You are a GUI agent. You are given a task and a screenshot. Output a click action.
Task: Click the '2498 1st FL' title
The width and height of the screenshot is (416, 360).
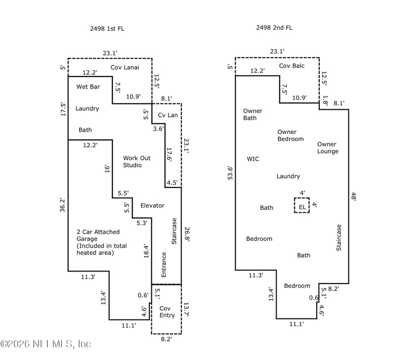point(107,29)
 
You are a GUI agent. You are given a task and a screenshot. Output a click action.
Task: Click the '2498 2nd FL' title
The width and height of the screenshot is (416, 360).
point(274,28)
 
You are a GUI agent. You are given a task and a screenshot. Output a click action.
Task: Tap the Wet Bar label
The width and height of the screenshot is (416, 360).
point(88,87)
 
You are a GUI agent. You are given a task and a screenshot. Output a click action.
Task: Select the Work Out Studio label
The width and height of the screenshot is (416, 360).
point(137,161)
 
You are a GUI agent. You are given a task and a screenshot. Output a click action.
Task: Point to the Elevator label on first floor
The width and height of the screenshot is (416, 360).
point(152,205)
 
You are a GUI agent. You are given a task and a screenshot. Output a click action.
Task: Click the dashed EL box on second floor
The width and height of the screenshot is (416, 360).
point(302,205)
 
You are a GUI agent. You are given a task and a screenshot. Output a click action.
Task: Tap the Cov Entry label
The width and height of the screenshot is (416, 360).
point(167,312)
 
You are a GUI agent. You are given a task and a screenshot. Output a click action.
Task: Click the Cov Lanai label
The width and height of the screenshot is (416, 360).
point(125,68)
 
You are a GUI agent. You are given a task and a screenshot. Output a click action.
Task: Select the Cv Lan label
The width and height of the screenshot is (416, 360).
point(167,115)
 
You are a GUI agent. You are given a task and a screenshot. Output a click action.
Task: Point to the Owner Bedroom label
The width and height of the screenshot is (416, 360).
point(291,135)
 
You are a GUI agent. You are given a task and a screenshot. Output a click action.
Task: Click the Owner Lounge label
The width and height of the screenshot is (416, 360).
point(328,148)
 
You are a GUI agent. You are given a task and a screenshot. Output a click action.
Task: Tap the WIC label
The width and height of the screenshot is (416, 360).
point(253,159)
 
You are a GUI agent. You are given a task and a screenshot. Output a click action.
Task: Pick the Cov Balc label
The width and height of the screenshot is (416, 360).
point(292,66)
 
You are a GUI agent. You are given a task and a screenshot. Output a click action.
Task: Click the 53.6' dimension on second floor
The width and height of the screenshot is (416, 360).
point(230,173)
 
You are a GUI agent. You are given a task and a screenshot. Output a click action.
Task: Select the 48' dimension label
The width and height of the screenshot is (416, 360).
point(354,197)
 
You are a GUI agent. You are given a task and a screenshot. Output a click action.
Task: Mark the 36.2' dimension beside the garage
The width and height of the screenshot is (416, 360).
point(62,205)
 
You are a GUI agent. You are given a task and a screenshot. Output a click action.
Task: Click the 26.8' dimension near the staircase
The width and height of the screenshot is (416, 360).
point(187,234)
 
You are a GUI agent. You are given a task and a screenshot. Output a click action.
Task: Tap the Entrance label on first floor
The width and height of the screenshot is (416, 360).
point(164,265)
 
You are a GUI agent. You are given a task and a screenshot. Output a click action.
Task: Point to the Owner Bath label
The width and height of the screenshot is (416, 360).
point(253,114)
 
